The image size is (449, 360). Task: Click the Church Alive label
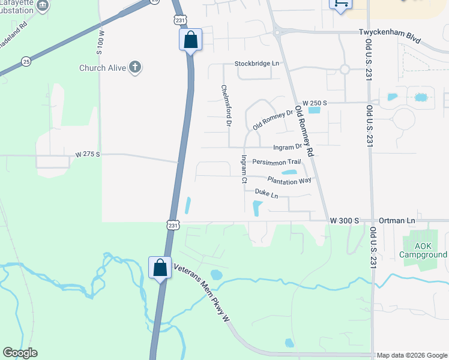coord(103,68)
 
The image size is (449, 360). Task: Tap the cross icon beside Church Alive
coord(136,67)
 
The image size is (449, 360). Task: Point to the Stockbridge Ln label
coord(257,63)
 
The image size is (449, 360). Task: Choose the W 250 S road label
coord(315,103)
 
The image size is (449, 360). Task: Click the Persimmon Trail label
coord(276,162)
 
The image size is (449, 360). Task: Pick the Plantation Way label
coord(289,179)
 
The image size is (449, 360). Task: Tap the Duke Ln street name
coord(267,194)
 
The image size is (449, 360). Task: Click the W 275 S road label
coord(88,155)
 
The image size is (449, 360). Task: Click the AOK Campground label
coord(424,250)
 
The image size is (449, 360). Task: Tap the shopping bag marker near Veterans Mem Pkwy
coord(160,267)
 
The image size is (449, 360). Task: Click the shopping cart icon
coord(340,4)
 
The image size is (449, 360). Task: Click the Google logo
coord(20,353)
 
